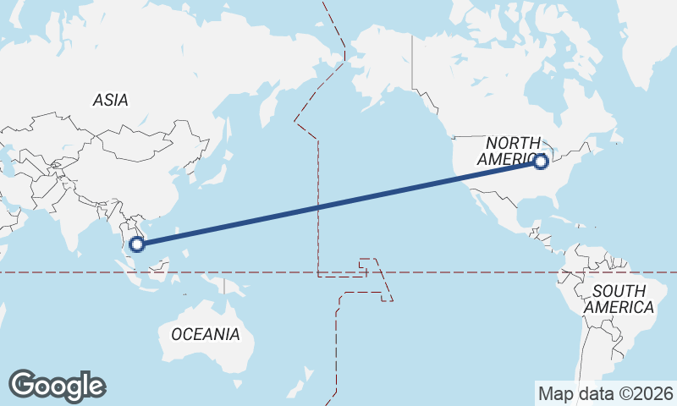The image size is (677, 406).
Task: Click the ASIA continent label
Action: click(111, 100)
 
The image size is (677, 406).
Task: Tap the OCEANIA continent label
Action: click(205, 334)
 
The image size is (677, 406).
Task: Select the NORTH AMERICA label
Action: click(513, 151)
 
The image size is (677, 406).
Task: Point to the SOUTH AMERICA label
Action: click(623, 299)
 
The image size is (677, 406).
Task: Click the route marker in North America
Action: click(542, 161)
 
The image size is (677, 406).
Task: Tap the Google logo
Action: click(57, 386)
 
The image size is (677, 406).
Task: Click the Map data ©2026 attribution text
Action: click(606, 393)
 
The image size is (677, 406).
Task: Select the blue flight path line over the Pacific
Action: click(338, 203)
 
